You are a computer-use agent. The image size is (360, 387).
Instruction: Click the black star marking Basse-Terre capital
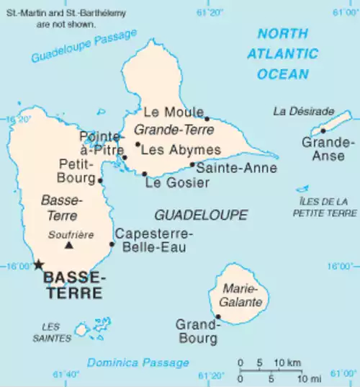coord(38,264)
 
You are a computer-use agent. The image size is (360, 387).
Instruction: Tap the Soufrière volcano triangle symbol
coord(69,246)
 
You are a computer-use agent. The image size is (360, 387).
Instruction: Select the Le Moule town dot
coord(207,119)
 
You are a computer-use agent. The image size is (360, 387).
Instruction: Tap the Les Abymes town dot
coord(138,144)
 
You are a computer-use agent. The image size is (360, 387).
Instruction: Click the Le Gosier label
coord(177,183)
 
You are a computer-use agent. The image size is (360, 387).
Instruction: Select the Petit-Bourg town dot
coord(100,181)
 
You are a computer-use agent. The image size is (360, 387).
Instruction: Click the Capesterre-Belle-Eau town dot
coord(112,244)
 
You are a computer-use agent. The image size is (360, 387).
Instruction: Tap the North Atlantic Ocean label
coord(283,53)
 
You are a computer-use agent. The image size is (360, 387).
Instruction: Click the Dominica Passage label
coord(138,362)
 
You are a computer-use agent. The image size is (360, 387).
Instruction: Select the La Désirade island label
coord(304,111)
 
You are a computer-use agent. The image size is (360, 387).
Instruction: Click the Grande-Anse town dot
coord(323,130)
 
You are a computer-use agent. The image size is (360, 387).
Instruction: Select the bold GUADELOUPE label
coord(201,215)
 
